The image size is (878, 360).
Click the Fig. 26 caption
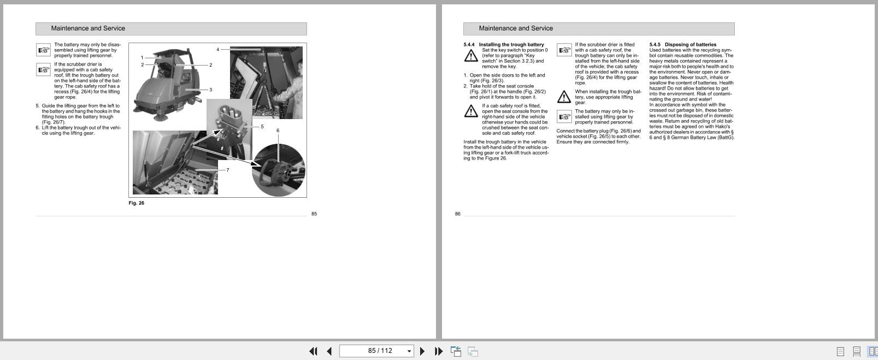pos(137,203)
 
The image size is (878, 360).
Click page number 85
pos(314,214)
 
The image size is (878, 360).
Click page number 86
pos(458,214)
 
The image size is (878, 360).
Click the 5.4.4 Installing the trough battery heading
pos(504,44)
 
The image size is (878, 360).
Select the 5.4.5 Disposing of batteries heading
pos(683,44)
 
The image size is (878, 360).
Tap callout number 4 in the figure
pos(217,50)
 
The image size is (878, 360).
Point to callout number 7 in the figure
pos(228,170)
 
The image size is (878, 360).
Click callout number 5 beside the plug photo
pos(262,127)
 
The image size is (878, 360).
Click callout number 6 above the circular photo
pos(278,131)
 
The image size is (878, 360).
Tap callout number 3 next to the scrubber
pos(210,90)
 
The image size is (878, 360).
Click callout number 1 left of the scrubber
pos(142,57)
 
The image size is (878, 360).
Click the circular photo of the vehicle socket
pos(279,170)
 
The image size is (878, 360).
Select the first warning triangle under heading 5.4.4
pos(471,56)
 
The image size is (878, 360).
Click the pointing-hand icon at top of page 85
pos(44,50)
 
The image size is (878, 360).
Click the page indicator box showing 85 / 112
pos(376,351)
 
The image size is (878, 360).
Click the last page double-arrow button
pos(439,351)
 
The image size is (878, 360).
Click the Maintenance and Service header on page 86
pos(516,28)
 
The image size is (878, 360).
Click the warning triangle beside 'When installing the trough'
pos(564,97)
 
